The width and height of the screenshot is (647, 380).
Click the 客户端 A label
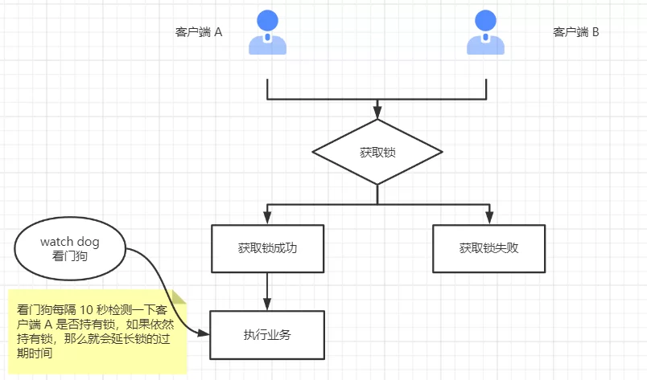(198, 33)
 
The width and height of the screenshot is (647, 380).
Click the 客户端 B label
(575, 33)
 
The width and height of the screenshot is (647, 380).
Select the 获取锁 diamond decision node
(377, 152)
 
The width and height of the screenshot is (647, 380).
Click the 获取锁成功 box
(267, 248)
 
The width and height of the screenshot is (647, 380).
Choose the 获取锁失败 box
(488, 248)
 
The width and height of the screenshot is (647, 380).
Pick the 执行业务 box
(267, 334)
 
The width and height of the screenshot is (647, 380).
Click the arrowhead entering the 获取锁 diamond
(377, 113)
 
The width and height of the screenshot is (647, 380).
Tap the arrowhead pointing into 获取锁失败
(488, 219)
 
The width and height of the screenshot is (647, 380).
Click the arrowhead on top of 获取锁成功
(267, 219)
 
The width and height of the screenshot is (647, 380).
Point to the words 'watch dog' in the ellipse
(69, 242)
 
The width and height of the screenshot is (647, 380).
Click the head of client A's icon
(267, 19)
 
